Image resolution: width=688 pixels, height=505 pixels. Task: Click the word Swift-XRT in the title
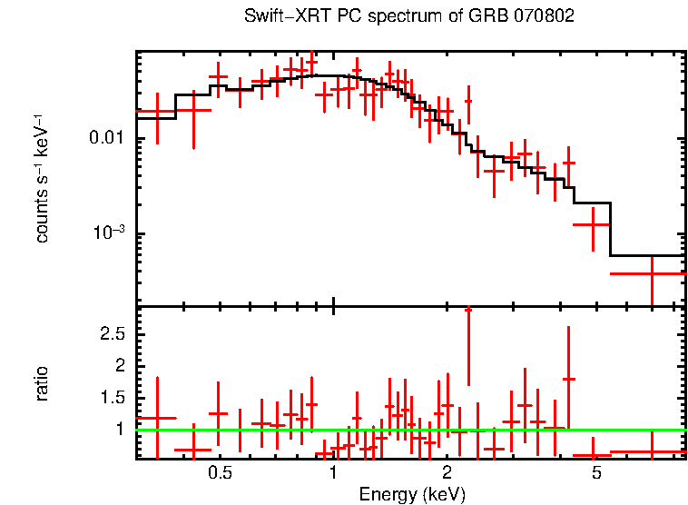point(280,16)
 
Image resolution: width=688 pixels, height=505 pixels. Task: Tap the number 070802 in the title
point(543,16)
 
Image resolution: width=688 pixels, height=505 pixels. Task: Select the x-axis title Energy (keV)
point(412,494)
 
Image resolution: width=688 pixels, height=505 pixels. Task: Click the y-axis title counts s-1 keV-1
point(42,180)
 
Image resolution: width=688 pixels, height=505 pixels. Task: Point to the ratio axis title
point(42,383)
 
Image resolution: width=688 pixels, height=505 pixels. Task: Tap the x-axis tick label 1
point(334,473)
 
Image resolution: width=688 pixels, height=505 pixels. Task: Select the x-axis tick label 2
point(447,473)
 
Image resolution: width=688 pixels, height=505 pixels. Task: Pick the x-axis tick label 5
point(596,473)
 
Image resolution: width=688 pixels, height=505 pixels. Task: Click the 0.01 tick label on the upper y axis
point(107,139)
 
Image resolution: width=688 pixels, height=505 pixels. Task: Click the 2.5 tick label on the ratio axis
point(112,334)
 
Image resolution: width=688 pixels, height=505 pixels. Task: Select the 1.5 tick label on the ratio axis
point(112,398)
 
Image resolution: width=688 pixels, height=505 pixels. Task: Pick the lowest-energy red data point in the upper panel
point(156,114)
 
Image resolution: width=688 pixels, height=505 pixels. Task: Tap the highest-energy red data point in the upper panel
point(652,273)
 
